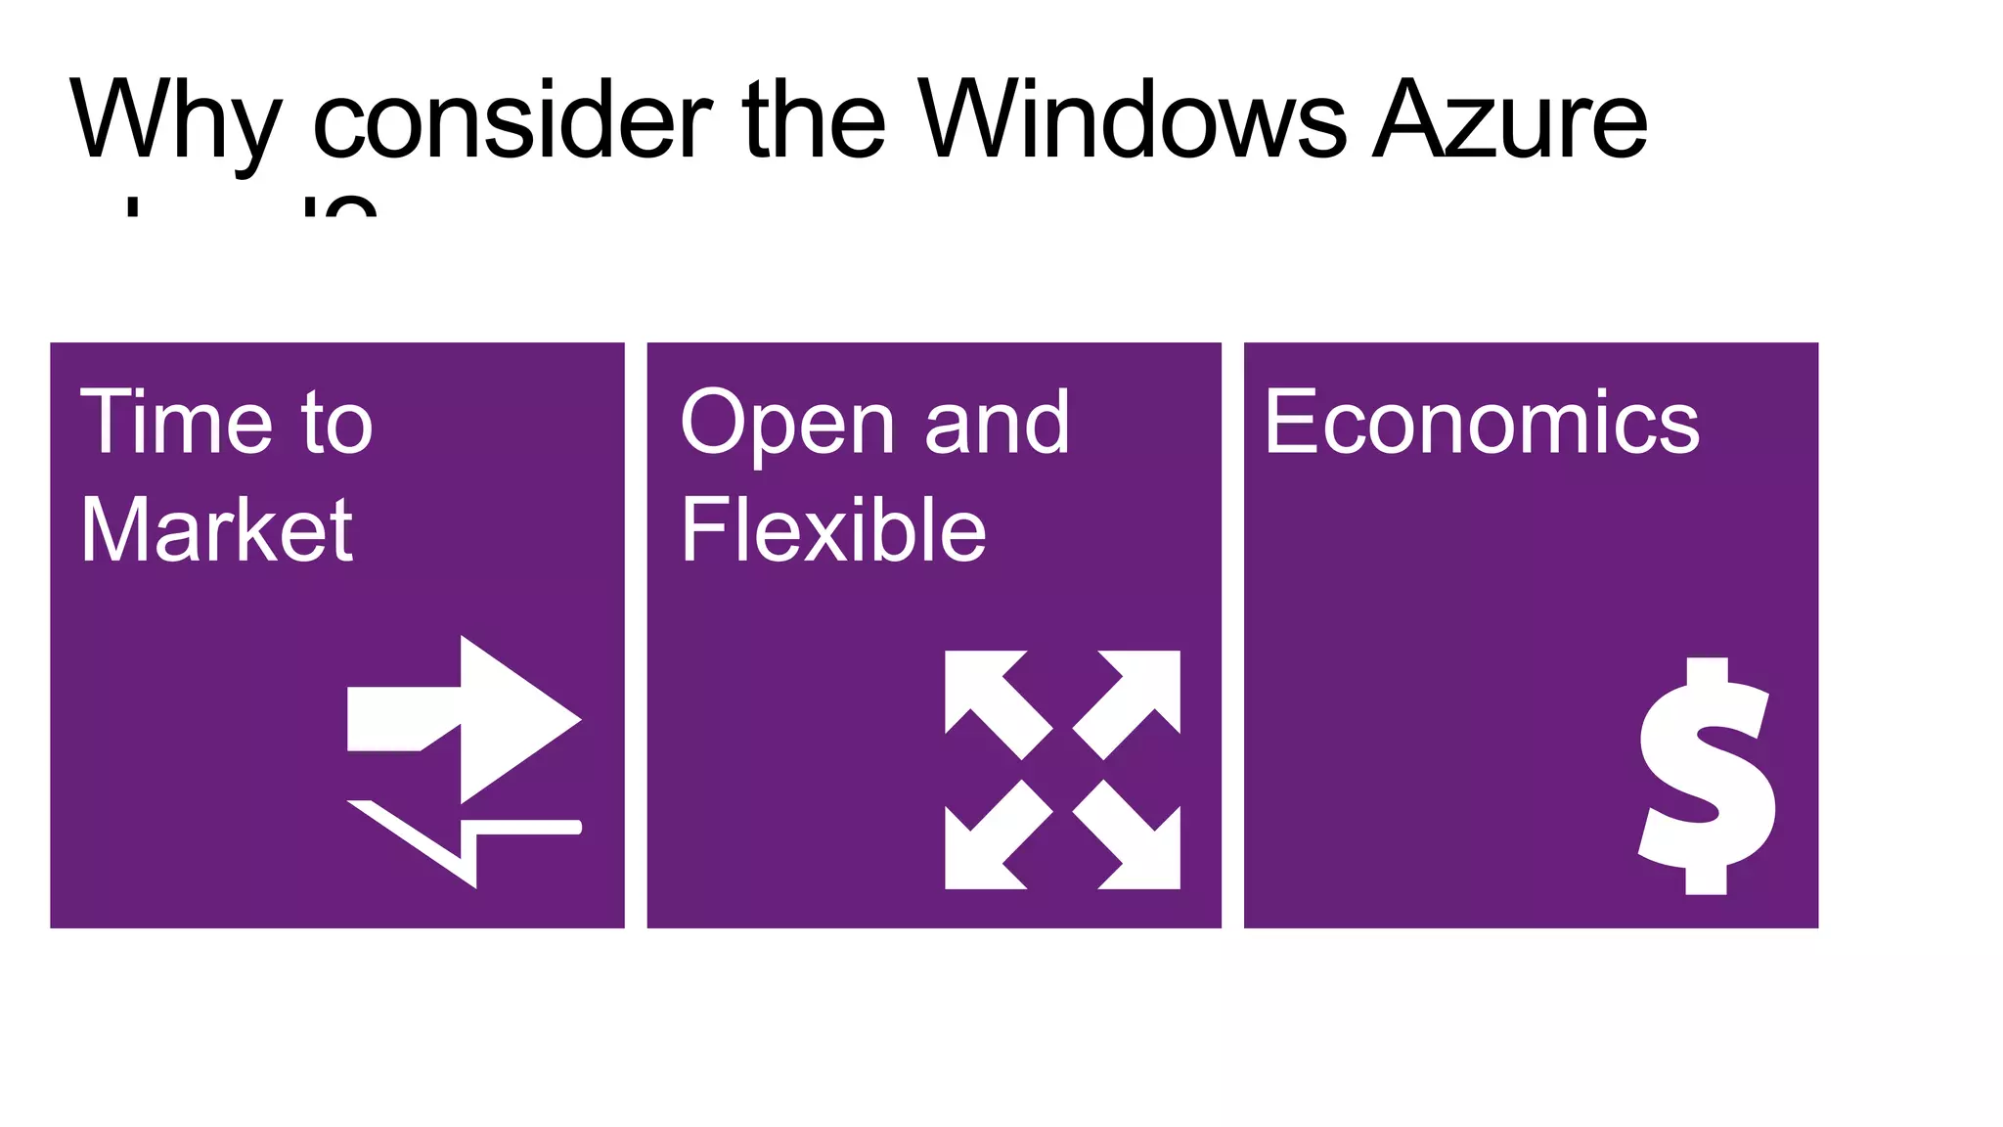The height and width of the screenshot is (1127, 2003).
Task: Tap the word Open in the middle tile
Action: click(787, 424)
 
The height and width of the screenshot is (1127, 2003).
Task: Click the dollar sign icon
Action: click(1708, 776)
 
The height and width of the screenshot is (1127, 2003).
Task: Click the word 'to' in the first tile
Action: click(337, 424)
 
